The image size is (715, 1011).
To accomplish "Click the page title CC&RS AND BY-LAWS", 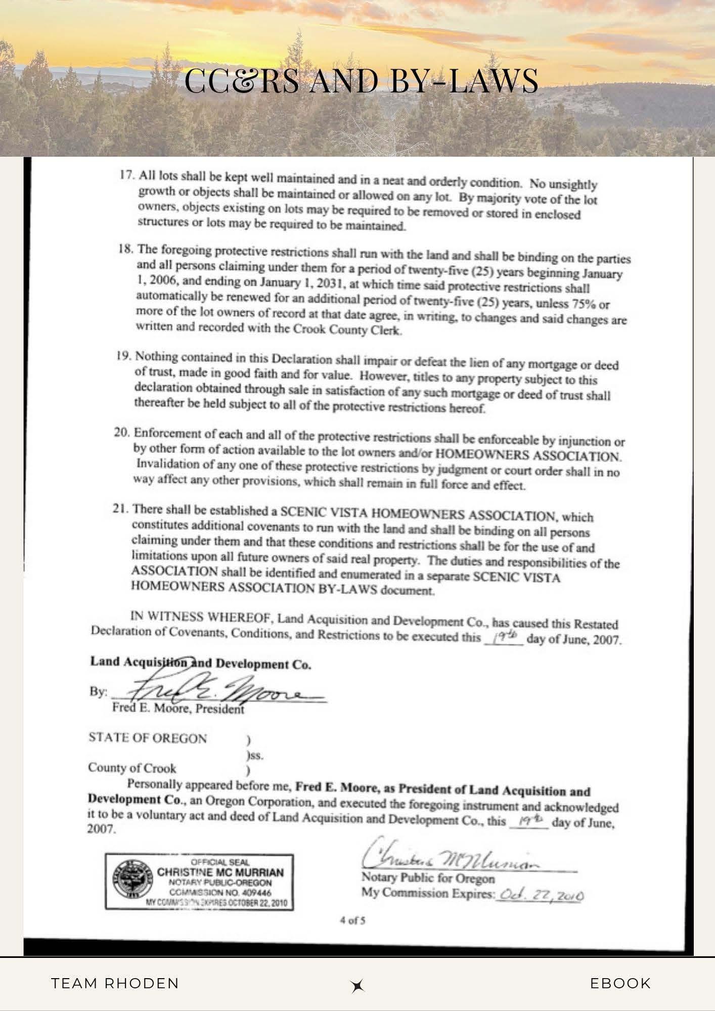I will pos(361,81).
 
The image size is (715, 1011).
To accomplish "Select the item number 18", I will pos(125,249).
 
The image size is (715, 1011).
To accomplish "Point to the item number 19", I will pos(123,355).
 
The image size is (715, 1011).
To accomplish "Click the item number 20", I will pos(122,433).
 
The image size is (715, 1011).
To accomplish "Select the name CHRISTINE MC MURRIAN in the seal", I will pos(220,872).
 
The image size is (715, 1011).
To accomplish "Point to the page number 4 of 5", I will pos(352,920).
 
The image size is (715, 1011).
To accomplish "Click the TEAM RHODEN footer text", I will pos(115,983).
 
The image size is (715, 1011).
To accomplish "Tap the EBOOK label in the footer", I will pos(620,983).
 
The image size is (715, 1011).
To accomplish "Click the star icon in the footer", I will pos(357,985).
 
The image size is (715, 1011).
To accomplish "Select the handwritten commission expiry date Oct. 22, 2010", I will pos(541,896).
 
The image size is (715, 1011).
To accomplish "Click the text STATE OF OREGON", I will pos(148,738).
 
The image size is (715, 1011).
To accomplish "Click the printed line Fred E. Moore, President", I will pos(178,708).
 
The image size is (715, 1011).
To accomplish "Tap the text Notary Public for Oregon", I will pos(428,878).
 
